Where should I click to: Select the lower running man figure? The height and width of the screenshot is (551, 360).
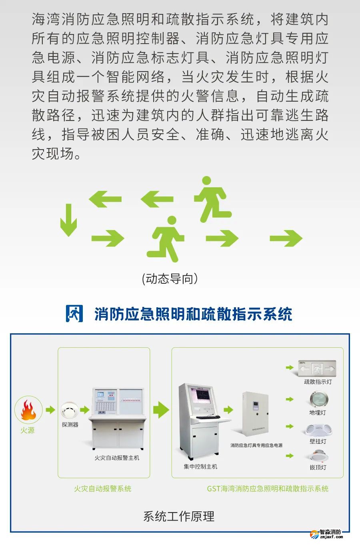166,239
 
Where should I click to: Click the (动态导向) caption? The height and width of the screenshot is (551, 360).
170,279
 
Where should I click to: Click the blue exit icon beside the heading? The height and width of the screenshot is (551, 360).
74,314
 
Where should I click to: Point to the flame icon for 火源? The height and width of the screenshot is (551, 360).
28,410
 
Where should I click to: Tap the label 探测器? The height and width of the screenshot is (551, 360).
70,425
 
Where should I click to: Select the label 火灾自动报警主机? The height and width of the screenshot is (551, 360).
117,458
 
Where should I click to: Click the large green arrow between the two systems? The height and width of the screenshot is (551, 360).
161,410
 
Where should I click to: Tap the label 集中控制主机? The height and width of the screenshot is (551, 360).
200,467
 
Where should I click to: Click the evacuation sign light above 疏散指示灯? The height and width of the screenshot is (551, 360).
318,368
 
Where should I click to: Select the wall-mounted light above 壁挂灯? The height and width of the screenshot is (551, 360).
318,430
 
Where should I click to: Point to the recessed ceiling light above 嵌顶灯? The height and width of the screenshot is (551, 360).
318,456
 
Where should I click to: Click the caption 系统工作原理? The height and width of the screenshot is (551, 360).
179,516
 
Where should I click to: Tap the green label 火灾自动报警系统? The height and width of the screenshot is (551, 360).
103,489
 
